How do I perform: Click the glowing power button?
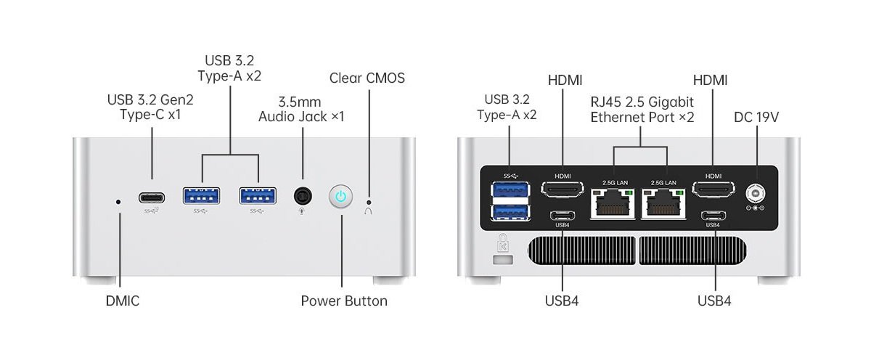pyautogui.click(x=342, y=196)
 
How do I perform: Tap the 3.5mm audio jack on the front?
pyautogui.click(x=303, y=196)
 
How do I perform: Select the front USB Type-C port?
pyautogui.click(x=152, y=197)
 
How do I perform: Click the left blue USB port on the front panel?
pyautogui.click(x=202, y=196)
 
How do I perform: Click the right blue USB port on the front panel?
pyautogui.click(x=258, y=196)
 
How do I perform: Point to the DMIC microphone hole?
pyautogui.click(x=119, y=201)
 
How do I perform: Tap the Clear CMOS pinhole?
pyautogui.click(x=369, y=202)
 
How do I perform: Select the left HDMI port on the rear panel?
pyautogui.click(x=563, y=190)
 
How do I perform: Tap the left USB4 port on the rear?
pyautogui.click(x=563, y=215)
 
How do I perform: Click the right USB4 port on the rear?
pyautogui.click(x=713, y=215)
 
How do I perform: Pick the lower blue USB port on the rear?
pyautogui.click(x=510, y=211)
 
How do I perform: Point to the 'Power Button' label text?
pyautogui.click(x=344, y=301)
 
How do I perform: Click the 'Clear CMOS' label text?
pyautogui.click(x=367, y=78)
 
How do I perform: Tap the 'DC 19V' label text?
pyautogui.click(x=756, y=117)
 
